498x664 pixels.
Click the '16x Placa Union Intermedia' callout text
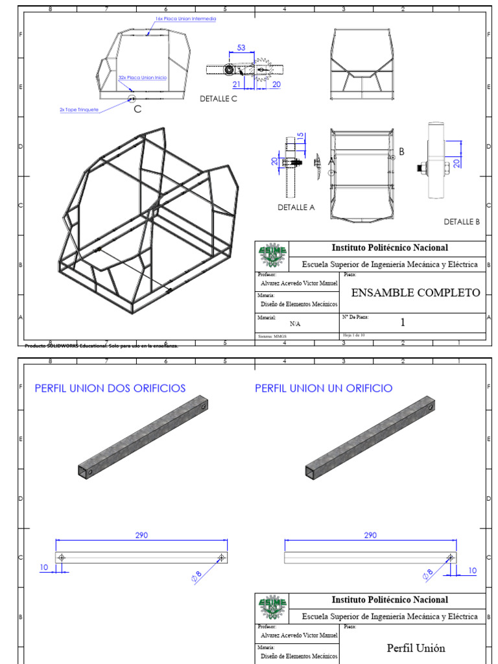click(185, 19)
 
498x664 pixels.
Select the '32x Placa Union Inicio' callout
click(142, 77)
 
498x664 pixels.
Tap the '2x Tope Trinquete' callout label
click(79, 110)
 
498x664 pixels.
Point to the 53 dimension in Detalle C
click(242, 48)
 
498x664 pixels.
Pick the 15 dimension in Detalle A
click(300, 139)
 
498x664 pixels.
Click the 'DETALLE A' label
click(296, 207)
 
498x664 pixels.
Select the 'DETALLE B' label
click(462, 221)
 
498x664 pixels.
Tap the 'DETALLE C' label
click(219, 99)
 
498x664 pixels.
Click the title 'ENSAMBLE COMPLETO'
click(415, 292)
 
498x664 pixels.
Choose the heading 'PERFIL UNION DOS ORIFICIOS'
click(110, 388)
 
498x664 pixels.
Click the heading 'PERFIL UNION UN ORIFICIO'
click(323, 388)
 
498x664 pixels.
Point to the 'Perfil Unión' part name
click(416, 648)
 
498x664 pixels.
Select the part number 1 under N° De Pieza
click(402, 322)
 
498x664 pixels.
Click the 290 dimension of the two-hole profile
click(141, 535)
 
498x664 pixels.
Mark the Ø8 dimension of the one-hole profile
click(427, 574)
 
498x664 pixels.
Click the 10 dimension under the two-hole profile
click(44, 567)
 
